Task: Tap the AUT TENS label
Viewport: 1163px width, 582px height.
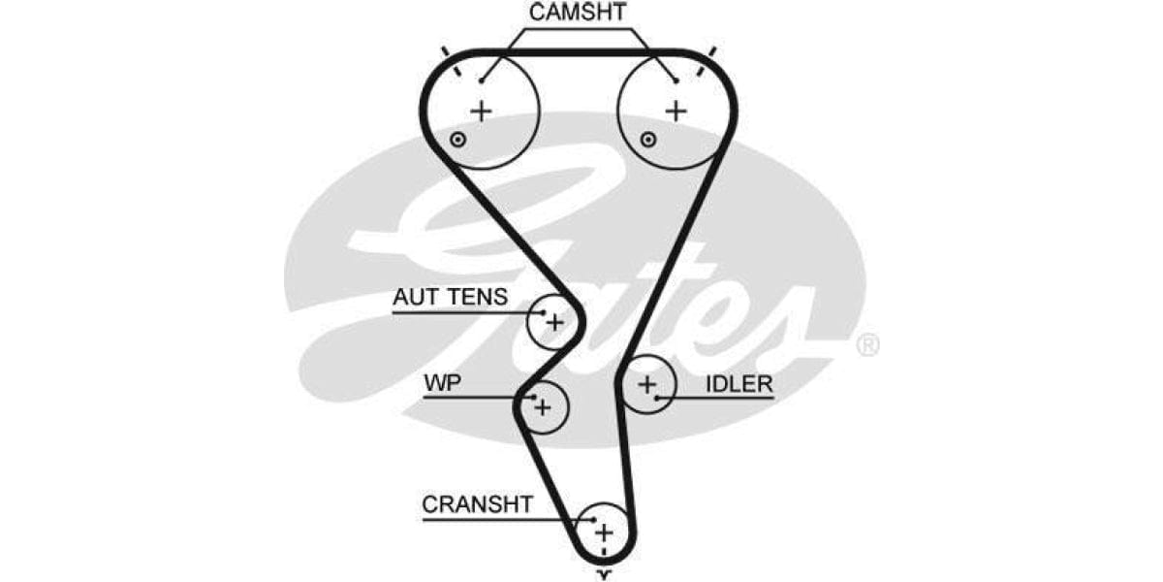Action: pyautogui.click(x=449, y=297)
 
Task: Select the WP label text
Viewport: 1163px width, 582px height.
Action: pyautogui.click(x=442, y=383)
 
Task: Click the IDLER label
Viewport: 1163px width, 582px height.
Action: pyautogui.click(x=739, y=384)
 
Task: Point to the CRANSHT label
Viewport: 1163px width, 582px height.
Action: pyautogui.click(x=477, y=504)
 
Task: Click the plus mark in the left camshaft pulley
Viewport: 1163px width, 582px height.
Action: pyautogui.click(x=481, y=111)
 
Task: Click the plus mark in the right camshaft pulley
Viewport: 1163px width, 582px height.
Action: pyautogui.click(x=676, y=111)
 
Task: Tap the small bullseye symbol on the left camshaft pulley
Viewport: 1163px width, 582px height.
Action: pyautogui.click(x=458, y=140)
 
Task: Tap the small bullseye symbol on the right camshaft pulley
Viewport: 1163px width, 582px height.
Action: pyautogui.click(x=648, y=140)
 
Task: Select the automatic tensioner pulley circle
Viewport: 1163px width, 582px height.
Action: pyautogui.click(x=553, y=321)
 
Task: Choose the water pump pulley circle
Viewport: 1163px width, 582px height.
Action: pyautogui.click(x=543, y=406)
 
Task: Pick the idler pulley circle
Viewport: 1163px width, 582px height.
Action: pyautogui.click(x=647, y=386)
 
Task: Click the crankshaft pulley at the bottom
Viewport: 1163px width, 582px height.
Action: pyautogui.click(x=603, y=532)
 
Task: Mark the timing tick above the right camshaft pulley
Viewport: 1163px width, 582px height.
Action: pyautogui.click(x=712, y=50)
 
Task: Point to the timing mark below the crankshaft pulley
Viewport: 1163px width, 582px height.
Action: pyautogui.click(x=604, y=574)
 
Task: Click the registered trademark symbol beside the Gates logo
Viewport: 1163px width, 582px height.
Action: pyautogui.click(x=867, y=344)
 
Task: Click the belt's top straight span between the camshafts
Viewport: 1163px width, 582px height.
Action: pyautogui.click(x=579, y=52)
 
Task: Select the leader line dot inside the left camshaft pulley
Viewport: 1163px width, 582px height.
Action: pyautogui.click(x=481, y=81)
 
